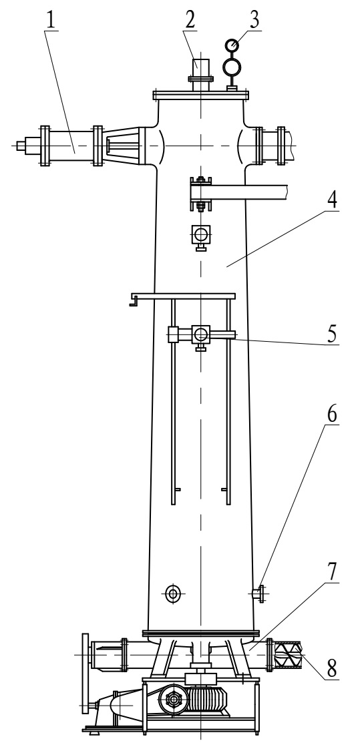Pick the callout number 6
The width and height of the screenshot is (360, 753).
tap(331, 415)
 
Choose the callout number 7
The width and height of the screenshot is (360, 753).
tap(332, 572)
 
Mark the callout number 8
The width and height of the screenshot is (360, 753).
tap(332, 668)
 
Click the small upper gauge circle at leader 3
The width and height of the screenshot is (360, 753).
tap(232, 45)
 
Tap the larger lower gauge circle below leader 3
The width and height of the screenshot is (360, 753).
tap(232, 67)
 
